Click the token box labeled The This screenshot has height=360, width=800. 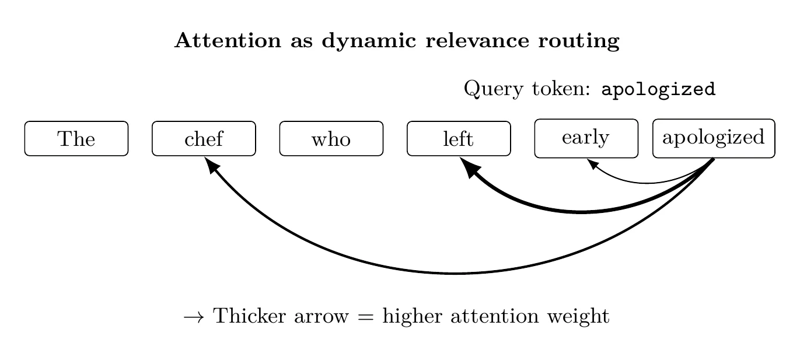click(x=76, y=139)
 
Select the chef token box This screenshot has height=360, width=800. click(x=204, y=139)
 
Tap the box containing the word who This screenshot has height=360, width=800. click(x=331, y=139)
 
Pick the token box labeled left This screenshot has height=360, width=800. click(x=459, y=139)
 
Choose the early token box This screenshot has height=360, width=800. click(x=586, y=138)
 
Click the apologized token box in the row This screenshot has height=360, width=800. click(x=713, y=138)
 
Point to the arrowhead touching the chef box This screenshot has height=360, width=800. click(x=211, y=165)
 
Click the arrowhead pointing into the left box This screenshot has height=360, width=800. click(x=469, y=166)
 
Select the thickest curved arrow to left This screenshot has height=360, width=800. click(x=581, y=212)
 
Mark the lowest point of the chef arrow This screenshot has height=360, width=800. click(x=455, y=273)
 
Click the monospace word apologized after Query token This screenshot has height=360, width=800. click(x=658, y=90)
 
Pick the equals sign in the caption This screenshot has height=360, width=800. click(x=366, y=317)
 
